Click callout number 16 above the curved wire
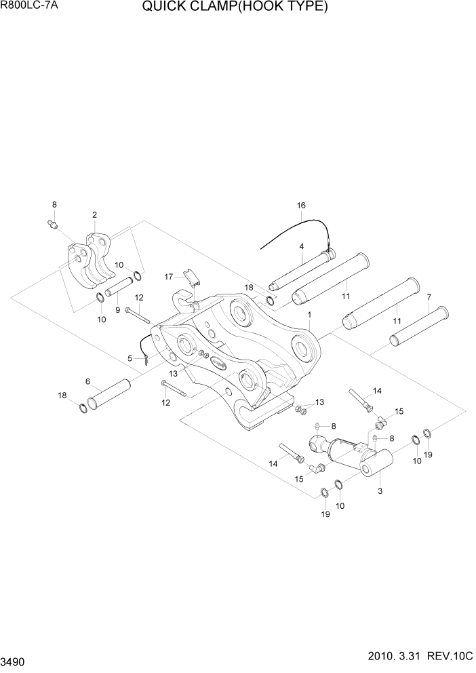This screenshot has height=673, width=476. [x=301, y=205]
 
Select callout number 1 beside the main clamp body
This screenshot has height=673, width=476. [x=309, y=315]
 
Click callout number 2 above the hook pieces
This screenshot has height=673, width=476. [x=94, y=215]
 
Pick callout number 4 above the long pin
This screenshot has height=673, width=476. [x=300, y=247]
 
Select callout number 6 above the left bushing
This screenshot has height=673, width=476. [x=87, y=382]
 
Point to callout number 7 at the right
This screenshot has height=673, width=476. [x=429, y=297]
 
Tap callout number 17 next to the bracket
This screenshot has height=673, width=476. [x=170, y=276]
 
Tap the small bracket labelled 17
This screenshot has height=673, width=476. [x=192, y=278]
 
